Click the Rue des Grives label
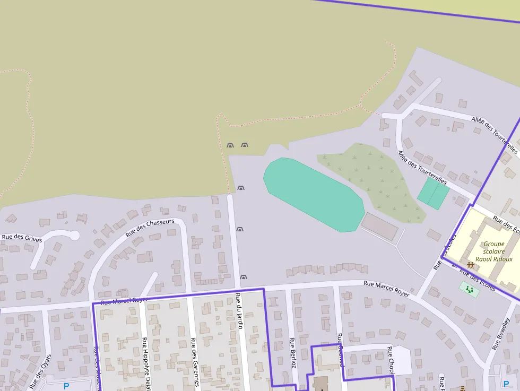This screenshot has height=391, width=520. (22, 238)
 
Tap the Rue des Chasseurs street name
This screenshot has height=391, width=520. (150, 228)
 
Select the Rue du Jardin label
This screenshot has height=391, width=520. (239, 310)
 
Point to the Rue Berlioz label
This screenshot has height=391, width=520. (292, 353)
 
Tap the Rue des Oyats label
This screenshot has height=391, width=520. (41, 371)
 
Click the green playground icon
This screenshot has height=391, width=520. (469, 289)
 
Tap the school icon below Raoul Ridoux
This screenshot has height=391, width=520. (470, 264)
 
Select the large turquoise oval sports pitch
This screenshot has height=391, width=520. (314, 194)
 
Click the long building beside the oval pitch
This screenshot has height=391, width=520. (379, 227)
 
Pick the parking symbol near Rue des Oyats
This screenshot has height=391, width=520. (66, 386)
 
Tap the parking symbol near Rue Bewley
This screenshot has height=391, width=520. (506, 384)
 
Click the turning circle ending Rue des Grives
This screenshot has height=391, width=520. (74, 235)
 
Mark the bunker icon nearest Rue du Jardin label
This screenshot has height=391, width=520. (244, 277)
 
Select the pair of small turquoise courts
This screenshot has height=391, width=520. (433, 194)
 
